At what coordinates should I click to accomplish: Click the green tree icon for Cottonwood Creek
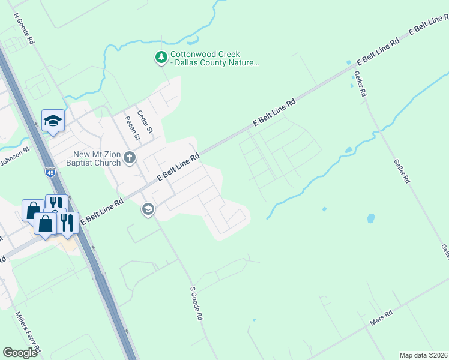(x=161, y=58)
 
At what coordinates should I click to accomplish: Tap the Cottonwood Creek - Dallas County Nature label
(x=214, y=58)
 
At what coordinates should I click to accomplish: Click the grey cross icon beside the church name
(x=130, y=158)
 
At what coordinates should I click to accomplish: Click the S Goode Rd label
(x=195, y=304)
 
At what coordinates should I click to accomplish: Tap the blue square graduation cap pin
(x=53, y=120)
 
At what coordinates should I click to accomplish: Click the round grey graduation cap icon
(x=148, y=209)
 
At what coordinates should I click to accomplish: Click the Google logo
(x=20, y=353)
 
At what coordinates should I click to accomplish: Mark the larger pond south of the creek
(x=370, y=218)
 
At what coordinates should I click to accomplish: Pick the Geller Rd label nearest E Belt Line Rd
(x=360, y=85)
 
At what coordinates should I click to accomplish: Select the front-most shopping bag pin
(x=46, y=224)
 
